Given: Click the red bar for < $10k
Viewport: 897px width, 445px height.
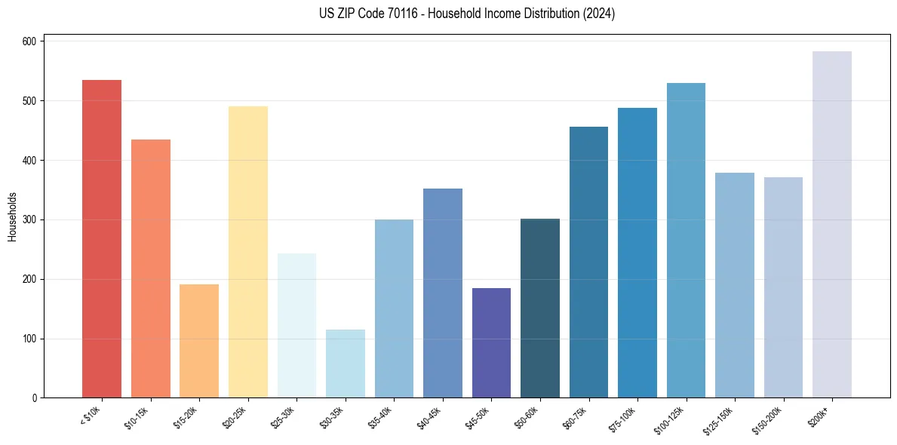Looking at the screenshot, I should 102,238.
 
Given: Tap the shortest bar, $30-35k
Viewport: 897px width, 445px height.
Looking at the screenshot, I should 346,364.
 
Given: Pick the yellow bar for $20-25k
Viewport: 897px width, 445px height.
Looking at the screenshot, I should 248,252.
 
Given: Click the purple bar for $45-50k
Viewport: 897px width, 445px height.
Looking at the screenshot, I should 491,343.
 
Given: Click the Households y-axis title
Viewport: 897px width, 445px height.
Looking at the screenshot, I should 12,216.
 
